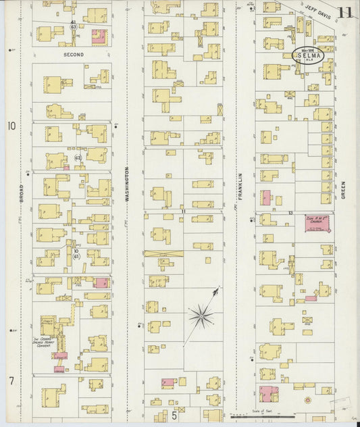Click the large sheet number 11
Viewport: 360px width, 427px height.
(345, 13)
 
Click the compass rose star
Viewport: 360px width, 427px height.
(201, 313)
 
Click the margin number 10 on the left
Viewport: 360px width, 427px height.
(11, 126)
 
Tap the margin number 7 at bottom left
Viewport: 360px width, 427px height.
(11, 381)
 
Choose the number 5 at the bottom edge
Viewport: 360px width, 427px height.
(174, 416)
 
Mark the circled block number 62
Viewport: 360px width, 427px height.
(78, 157)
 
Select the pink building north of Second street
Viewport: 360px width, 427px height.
(99, 37)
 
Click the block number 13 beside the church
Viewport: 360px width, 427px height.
(289, 213)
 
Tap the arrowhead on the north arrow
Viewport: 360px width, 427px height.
(217, 290)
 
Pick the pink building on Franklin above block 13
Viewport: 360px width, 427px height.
(265, 198)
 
